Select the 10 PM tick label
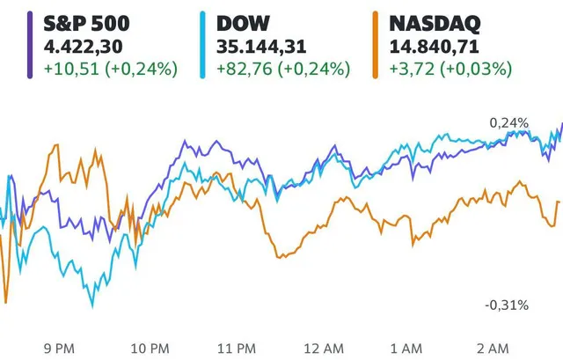tap(150, 348)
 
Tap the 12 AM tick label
tap(329, 348)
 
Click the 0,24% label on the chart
tap(510, 122)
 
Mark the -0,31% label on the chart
tap(507, 305)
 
